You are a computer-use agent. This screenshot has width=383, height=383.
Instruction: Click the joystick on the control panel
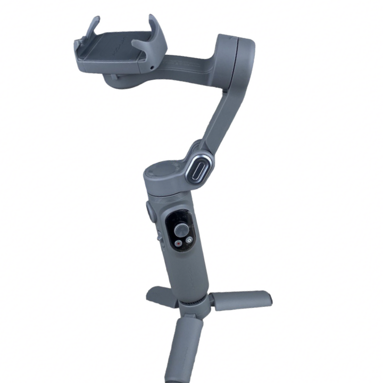182,230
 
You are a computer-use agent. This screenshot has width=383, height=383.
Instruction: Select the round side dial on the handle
149,211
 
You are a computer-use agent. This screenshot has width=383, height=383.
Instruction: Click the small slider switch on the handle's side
158,237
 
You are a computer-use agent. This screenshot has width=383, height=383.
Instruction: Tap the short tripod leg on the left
159,294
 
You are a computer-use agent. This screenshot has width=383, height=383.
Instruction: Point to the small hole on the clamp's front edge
152,68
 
